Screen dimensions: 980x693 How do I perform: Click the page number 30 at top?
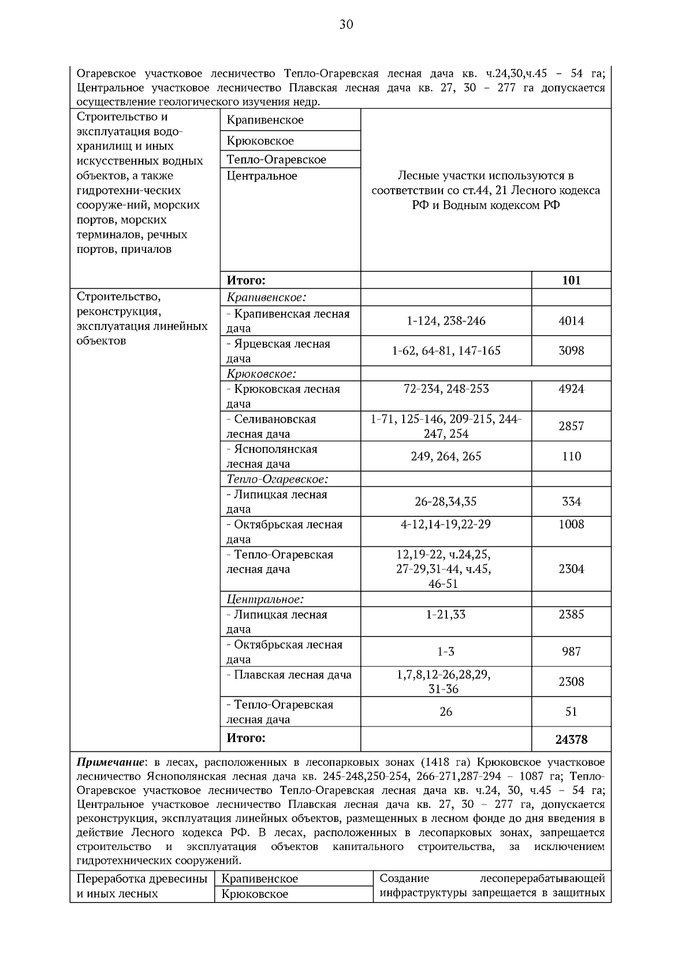pyautogui.click(x=346, y=24)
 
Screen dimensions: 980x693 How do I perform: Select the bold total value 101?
pyautogui.click(x=571, y=281)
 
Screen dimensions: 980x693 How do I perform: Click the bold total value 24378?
pyautogui.click(x=571, y=739)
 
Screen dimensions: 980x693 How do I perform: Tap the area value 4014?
pyautogui.click(x=571, y=321)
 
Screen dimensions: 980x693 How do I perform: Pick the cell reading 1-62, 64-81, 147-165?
pyautogui.click(x=446, y=351)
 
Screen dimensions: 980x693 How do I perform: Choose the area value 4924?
pyautogui.click(x=571, y=389)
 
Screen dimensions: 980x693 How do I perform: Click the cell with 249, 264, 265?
pyautogui.click(x=446, y=457)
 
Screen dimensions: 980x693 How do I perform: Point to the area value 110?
pyautogui.click(x=571, y=457)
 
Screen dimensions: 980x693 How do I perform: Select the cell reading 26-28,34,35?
pyautogui.click(x=446, y=502)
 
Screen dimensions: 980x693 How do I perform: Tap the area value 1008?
pyautogui.click(x=571, y=524)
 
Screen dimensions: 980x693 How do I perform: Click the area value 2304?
pyautogui.click(x=571, y=569)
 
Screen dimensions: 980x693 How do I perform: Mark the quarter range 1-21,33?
pyautogui.click(x=446, y=614)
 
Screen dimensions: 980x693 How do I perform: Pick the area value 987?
pyautogui.click(x=571, y=652)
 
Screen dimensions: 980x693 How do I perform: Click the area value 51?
pyautogui.click(x=571, y=712)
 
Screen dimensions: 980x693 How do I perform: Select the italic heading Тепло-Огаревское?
pyautogui.click(x=277, y=479)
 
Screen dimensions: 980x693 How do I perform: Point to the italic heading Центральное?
pyautogui.click(x=265, y=599)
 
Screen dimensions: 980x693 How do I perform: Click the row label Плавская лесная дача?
pyautogui.click(x=289, y=675)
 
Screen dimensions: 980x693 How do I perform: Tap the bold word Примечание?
pyautogui.click(x=107, y=762)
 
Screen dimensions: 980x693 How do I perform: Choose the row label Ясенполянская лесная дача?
pyautogui.click(x=271, y=457)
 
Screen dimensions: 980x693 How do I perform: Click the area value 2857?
pyautogui.click(x=571, y=427)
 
